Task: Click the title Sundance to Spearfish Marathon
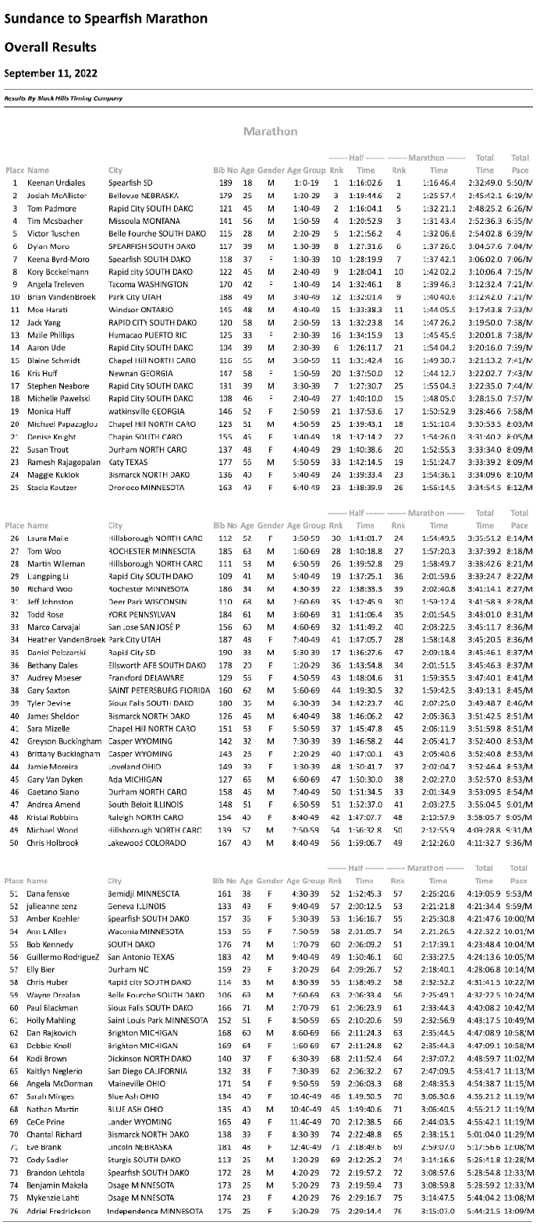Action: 106,18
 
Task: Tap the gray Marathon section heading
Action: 270,131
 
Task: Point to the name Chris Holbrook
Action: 53,843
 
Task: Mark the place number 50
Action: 15,843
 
